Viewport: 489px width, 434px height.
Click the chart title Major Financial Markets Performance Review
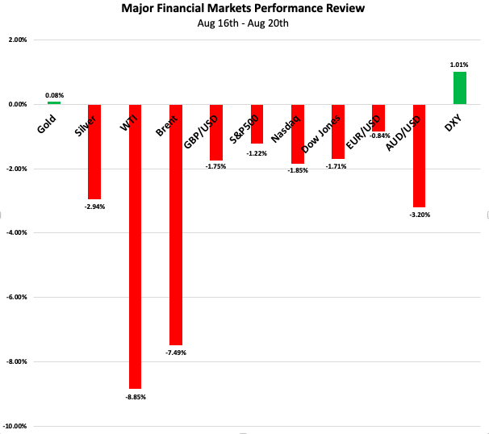(x=243, y=9)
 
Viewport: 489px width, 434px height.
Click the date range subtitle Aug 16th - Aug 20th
(x=243, y=23)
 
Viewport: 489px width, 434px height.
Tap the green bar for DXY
(x=459, y=88)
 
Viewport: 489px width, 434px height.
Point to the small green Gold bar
(x=54, y=102)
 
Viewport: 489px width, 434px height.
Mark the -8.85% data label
(x=136, y=397)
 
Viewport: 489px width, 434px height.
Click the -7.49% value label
(x=176, y=353)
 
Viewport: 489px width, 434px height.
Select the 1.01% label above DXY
(x=459, y=65)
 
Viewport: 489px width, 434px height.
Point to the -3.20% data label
(x=419, y=215)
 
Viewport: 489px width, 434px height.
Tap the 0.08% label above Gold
(x=54, y=94)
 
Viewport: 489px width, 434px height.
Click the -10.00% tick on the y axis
(x=16, y=426)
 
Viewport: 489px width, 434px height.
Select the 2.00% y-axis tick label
(x=18, y=40)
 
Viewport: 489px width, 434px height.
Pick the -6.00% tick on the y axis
(x=18, y=297)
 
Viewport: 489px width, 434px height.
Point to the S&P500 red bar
(x=257, y=123)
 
